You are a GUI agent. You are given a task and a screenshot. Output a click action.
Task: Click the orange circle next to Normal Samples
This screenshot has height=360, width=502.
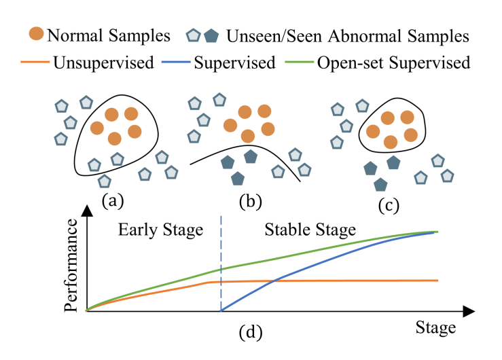click(x=36, y=33)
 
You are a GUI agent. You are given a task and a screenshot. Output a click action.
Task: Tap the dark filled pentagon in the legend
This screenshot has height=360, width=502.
click(x=211, y=36)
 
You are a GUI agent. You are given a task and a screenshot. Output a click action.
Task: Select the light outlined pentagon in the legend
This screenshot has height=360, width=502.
click(x=194, y=35)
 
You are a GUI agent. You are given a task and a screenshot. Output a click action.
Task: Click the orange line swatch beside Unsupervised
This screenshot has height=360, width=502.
click(x=35, y=62)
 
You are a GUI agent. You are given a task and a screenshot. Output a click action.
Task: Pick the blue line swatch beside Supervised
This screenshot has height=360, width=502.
click(x=176, y=62)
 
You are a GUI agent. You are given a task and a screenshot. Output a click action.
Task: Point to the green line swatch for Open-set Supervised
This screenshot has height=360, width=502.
click(x=299, y=62)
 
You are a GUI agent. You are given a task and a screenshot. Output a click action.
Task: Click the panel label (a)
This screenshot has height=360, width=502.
click(x=113, y=201)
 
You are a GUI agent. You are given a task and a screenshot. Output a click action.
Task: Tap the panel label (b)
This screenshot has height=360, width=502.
click(x=251, y=202)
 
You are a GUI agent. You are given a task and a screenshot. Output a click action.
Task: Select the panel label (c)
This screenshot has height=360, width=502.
click(x=389, y=205)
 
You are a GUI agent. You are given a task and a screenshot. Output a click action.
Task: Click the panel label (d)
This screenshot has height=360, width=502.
click(x=251, y=332)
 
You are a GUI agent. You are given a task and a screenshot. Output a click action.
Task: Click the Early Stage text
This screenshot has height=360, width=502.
click(x=160, y=230)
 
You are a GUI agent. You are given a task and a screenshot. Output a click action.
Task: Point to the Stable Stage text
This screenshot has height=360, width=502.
click(x=310, y=230)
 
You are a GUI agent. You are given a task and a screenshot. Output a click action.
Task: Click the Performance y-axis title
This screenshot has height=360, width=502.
click(x=71, y=265)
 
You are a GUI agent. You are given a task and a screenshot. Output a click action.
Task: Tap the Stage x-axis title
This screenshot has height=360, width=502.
click(x=435, y=327)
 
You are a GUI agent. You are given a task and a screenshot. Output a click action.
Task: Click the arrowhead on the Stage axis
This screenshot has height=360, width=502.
click(x=469, y=311)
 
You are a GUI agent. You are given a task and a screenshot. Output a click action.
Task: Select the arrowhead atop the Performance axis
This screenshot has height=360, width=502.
click(x=87, y=211)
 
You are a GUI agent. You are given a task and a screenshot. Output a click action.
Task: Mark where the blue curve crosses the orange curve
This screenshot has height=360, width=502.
click(x=274, y=281)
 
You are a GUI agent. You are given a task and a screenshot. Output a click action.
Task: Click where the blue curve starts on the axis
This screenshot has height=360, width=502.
click(x=221, y=310)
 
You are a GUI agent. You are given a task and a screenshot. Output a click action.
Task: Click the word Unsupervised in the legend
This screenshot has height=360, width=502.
click(x=103, y=62)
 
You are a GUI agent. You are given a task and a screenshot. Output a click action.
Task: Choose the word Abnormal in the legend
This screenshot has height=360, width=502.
click(x=364, y=36)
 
